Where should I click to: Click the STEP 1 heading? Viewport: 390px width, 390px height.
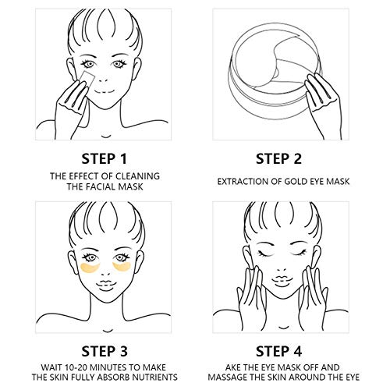(105, 159)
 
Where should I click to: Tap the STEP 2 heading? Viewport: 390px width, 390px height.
(278, 159)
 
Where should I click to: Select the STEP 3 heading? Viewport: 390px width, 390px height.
(105, 351)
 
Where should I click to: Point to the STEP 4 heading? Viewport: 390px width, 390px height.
(278, 351)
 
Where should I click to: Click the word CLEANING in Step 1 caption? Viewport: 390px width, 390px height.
(137, 176)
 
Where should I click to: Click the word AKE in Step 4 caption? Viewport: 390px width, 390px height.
(232, 367)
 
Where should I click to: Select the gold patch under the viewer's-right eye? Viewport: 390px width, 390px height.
(122, 267)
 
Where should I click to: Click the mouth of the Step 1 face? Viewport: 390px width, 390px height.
(104, 92)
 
